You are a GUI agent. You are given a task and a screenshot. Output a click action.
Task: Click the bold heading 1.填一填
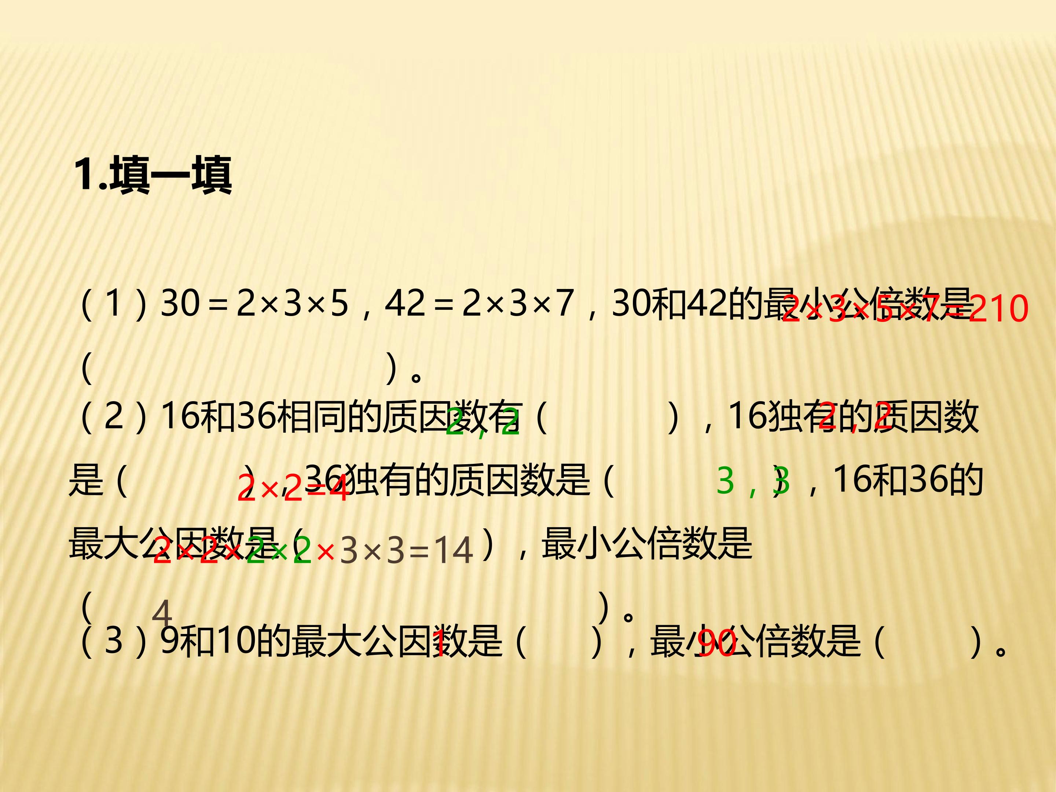[x=153, y=175]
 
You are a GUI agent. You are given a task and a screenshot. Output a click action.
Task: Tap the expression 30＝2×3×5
[x=254, y=303]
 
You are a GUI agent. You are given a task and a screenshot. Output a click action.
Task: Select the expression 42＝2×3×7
[x=479, y=303]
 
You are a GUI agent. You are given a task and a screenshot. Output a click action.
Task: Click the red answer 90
[x=716, y=643]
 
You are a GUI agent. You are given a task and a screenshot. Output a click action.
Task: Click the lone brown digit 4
[x=162, y=613]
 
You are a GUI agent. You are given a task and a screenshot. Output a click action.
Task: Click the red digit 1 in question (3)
[x=439, y=643]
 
